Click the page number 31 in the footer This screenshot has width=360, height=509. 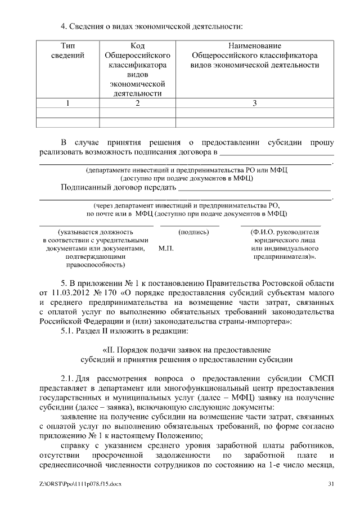pyautogui.click(x=331, y=484)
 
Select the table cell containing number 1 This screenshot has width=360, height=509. pyautogui.click(x=67, y=103)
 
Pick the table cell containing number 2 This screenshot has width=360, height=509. pyautogui.click(x=137, y=103)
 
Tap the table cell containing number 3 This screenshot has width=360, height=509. pyautogui.click(x=254, y=103)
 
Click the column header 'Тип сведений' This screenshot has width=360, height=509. pyautogui.click(x=67, y=51)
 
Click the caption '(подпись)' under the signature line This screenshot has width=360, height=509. pyautogui.click(x=193, y=231)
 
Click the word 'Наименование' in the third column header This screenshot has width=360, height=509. pyautogui.click(x=254, y=46)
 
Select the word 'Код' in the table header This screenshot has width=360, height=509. pyautogui.click(x=137, y=46)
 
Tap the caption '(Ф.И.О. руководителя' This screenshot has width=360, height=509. pyautogui.click(x=283, y=231)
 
